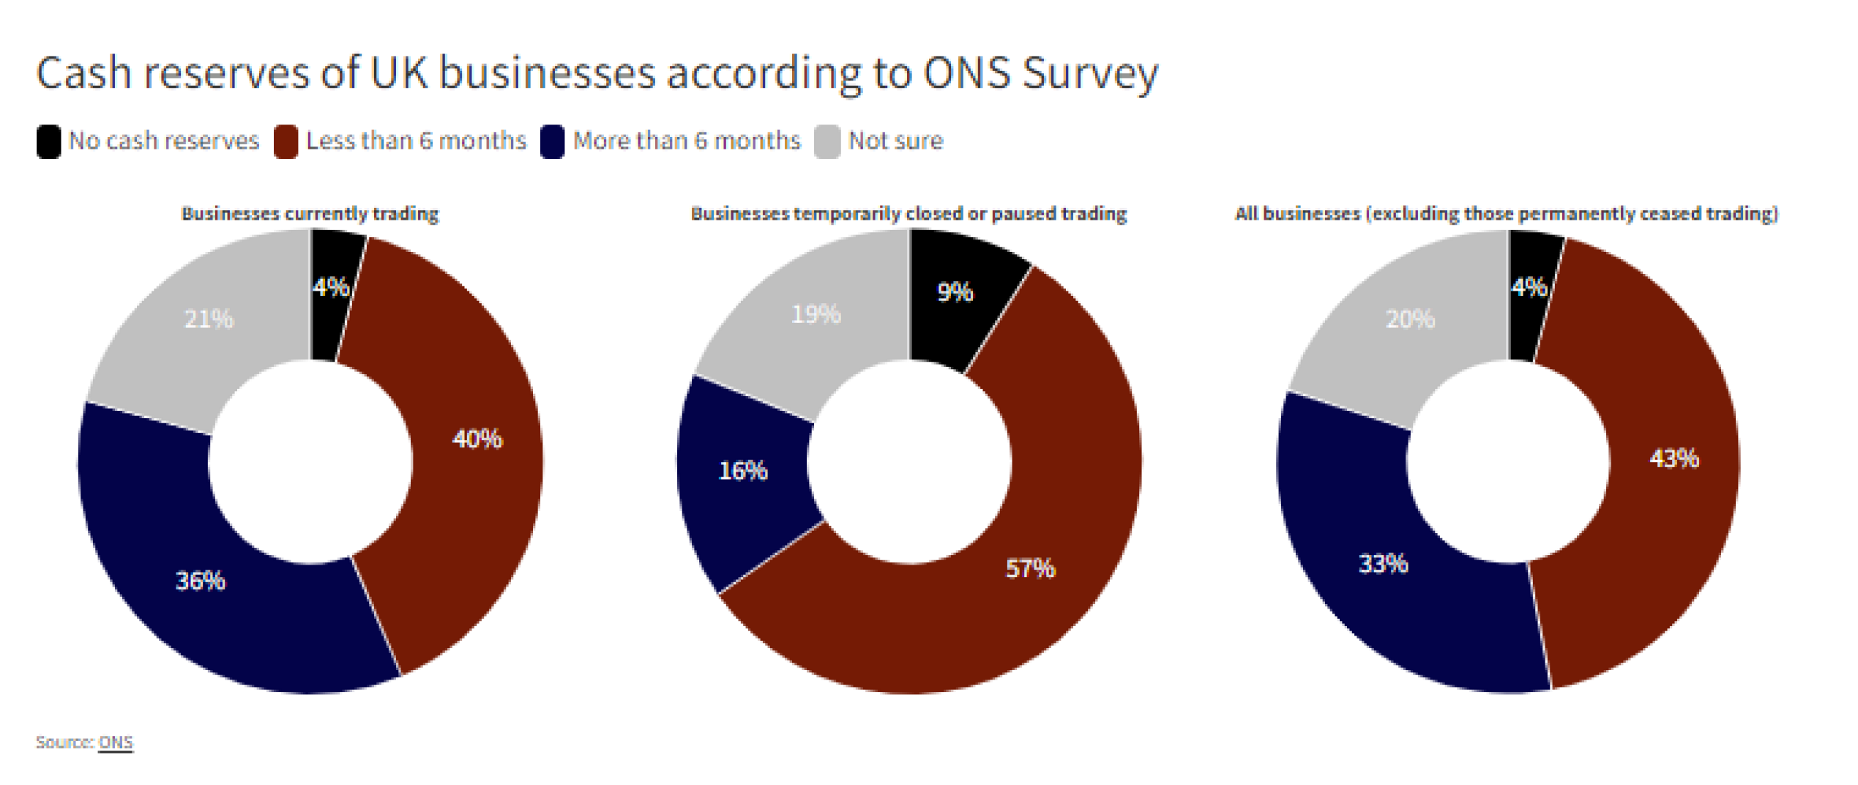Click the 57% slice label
pos(1030,568)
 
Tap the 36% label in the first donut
pos(200,581)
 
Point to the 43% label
pos(1674,458)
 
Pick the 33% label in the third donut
pos(1383,564)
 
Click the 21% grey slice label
pos(209,319)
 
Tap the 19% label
pos(816,315)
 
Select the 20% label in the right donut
pos(1410,319)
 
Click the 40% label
pos(477,439)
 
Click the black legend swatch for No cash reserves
pos(49,141)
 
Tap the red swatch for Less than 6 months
pos(286,141)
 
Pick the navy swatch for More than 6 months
pos(552,141)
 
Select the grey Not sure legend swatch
pos(827,141)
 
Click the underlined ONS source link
pos(116,743)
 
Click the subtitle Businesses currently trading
pos(310,214)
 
